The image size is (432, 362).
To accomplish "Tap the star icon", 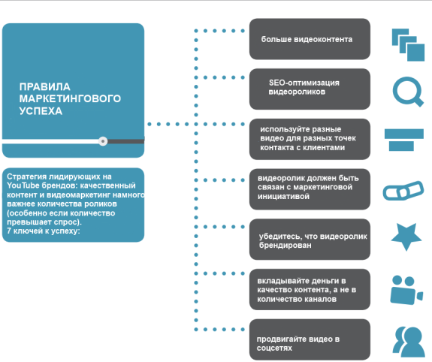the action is point(406,237).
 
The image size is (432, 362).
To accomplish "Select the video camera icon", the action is point(406,291).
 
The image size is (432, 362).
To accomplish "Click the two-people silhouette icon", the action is point(409,342).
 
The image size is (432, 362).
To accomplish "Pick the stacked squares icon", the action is point(408,44).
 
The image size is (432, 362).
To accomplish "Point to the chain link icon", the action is point(403,190).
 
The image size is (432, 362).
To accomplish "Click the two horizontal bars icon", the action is point(404,140).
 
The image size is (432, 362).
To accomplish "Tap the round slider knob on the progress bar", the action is point(103,141).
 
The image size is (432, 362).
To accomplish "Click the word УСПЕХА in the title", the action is point(41,111).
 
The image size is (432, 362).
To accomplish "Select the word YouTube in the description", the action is point(23,186).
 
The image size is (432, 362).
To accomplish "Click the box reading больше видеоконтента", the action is point(310,39).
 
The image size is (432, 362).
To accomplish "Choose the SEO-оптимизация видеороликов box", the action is point(310,89).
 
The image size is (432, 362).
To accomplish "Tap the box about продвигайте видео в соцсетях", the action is point(310,339).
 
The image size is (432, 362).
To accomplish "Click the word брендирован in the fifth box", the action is point(285,245).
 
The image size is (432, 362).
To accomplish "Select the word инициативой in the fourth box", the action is point(283,197).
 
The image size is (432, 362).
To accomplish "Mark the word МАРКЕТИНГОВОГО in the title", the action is point(70,98).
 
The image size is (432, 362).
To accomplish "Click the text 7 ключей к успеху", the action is point(44,231).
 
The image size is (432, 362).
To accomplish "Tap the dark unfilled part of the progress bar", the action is point(126,141).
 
